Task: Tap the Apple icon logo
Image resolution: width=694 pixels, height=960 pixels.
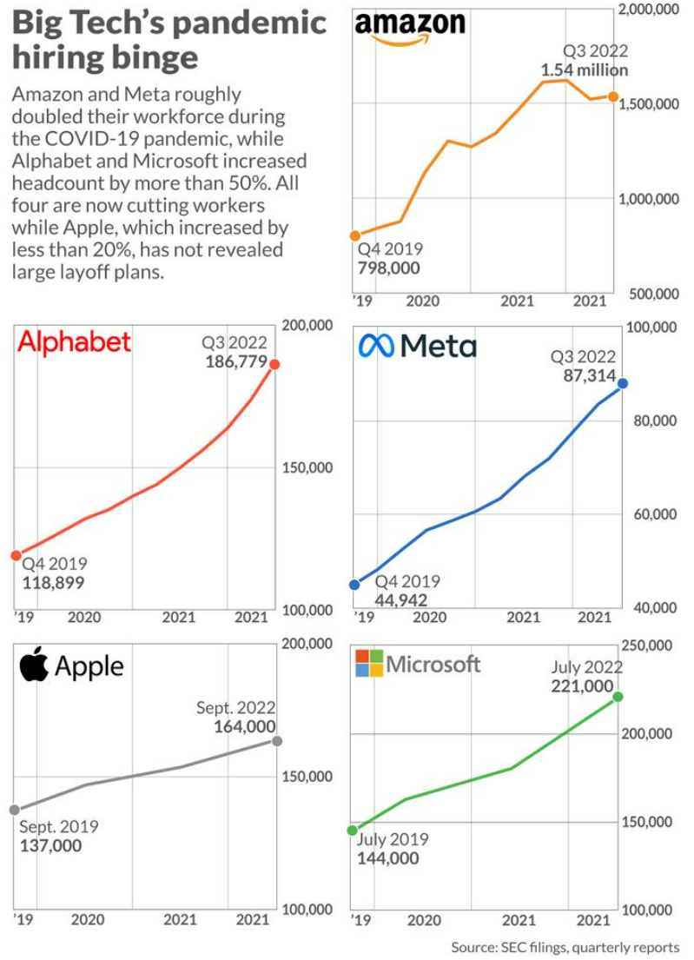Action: [x=33, y=665]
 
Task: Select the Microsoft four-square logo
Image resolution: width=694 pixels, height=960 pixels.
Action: [x=369, y=664]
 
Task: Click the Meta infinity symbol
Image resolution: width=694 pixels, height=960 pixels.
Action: [x=377, y=347]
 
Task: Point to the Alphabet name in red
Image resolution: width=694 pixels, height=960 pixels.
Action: [x=75, y=341]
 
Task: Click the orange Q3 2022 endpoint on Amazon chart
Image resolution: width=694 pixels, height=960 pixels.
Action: [x=612, y=96]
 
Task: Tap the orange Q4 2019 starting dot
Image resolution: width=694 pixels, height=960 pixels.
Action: [x=354, y=235]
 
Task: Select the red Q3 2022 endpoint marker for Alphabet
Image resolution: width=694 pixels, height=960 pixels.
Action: [x=274, y=364]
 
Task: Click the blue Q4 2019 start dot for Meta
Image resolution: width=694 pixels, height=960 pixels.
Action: [x=354, y=585]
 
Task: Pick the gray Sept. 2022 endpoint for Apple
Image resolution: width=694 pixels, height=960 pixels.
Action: [x=276, y=741]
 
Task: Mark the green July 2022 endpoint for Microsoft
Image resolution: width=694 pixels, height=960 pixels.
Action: [x=618, y=697]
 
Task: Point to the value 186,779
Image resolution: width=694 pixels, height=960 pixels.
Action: [x=235, y=362]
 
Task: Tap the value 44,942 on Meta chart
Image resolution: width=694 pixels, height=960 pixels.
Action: [x=400, y=599]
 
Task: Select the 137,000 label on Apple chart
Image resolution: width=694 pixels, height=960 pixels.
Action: [x=50, y=845]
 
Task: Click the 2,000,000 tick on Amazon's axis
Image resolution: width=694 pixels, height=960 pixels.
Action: [x=647, y=10]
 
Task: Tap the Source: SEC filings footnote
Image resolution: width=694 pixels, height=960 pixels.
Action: [x=565, y=947]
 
